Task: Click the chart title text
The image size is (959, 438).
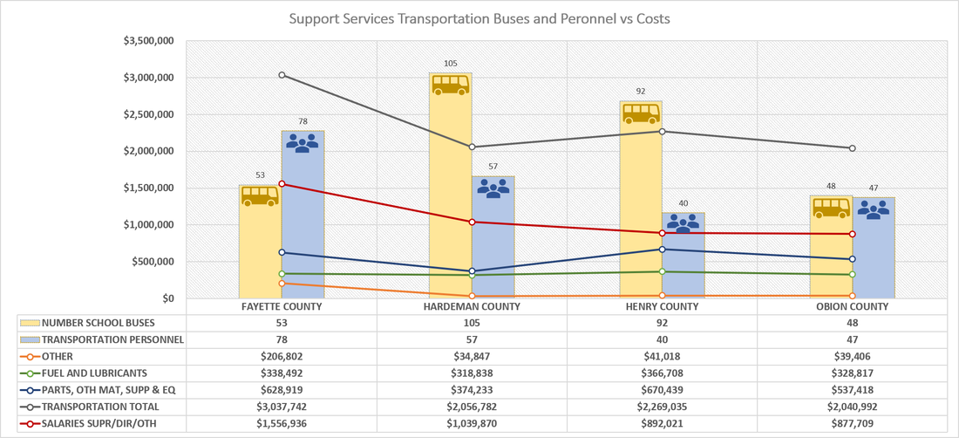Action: click(479, 19)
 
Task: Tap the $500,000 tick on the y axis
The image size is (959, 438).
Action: click(153, 262)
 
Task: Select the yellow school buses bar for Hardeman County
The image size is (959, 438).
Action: click(451, 185)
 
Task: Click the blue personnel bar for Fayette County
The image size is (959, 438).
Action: click(303, 214)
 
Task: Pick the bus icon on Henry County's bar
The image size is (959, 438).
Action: click(641, 113)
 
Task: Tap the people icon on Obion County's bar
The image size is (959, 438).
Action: click(874, 210)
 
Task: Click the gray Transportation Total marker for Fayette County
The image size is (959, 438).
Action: click(282, 75)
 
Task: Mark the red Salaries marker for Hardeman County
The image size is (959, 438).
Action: click(473, 222)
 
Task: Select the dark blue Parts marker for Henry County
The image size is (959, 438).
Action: click(663, 249)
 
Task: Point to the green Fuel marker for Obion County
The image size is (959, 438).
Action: click(853, 274)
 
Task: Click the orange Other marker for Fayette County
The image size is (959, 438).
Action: click(282, 284)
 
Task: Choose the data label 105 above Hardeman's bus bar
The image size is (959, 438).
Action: click(451, 63)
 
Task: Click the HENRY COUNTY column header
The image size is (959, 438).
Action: click(663, 306)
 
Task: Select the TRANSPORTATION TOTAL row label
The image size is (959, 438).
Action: click(100, 407)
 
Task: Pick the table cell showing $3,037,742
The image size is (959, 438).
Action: click(282, 407)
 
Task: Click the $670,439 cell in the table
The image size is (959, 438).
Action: click(663, 390)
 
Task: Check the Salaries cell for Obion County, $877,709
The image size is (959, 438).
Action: click(853, 424)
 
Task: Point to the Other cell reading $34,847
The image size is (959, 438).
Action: click(473, 355)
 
